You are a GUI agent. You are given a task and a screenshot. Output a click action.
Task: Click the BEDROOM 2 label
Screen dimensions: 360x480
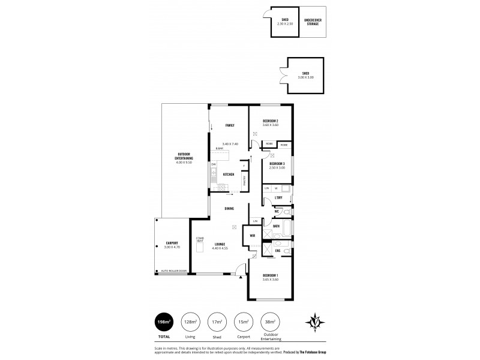(270, 121)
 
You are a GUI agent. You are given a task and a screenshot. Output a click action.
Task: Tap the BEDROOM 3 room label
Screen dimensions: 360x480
(277, 164)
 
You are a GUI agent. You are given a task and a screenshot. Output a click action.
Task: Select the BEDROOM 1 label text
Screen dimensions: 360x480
(270, 276)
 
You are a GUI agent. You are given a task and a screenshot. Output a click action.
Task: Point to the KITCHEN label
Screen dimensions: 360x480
(228, 175)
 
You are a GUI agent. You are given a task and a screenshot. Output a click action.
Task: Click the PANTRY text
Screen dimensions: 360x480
(244, 179)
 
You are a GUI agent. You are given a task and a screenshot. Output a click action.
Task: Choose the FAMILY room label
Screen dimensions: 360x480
(229, 125)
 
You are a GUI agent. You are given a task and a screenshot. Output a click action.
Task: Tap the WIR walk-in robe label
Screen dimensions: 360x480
(254, 236)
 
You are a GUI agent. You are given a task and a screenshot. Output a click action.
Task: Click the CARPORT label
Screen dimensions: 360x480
(172, 244)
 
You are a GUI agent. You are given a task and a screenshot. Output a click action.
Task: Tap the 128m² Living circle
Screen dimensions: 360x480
(191, 322)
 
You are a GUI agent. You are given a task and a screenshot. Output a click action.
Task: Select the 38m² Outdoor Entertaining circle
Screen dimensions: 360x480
(270, 322)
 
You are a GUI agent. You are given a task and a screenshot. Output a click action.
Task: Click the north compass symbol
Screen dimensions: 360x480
(316, 322)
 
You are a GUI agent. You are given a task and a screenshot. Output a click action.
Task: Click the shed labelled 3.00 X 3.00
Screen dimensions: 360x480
(305, 76)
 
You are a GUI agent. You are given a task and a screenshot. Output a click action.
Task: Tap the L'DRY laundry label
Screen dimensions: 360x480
(278, 197)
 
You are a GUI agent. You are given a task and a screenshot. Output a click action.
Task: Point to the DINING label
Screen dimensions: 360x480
(229, 208)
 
